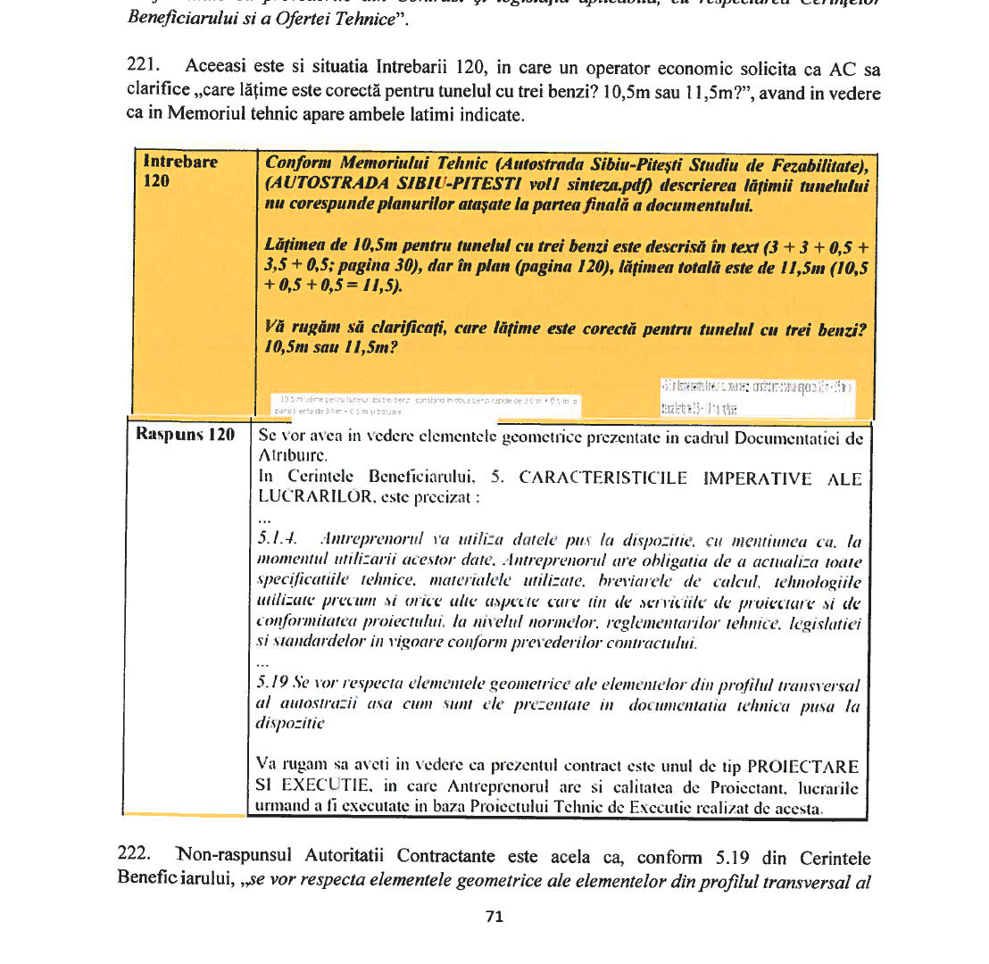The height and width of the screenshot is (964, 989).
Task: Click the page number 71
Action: tap(494, 916)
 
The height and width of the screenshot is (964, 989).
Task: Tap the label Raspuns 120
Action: tap(186, 435)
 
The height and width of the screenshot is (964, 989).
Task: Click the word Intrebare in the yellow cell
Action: tap(180, 162)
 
